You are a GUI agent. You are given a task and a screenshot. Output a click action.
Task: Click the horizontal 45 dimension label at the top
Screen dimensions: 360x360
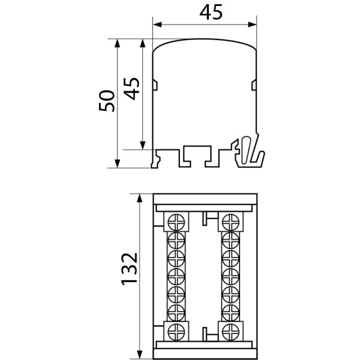coord(211,13)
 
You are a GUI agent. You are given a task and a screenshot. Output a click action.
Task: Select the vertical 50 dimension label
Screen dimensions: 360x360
coord(107,101)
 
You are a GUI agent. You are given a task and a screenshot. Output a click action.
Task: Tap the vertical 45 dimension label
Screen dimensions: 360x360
coord(131,89)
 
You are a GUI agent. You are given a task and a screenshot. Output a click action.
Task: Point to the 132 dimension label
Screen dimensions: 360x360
coord(129,269)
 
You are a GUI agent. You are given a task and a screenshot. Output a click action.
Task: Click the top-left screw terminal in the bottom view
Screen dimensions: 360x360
coord(176,222)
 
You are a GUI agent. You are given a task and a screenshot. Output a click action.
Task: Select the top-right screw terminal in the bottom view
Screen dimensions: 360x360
coord(231,222)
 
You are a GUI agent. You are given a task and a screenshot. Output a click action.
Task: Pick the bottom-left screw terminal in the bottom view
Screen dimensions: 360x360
coord(176,332)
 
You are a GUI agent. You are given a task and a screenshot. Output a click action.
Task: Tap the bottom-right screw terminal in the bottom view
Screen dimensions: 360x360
coord(231,332)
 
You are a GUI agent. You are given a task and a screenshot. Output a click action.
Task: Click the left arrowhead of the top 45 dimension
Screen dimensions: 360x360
coord(157,25)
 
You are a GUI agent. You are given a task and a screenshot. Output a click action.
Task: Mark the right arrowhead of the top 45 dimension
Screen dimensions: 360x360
coord(252,25)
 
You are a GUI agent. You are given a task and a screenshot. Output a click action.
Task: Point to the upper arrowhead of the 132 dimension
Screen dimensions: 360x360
coord(139,198)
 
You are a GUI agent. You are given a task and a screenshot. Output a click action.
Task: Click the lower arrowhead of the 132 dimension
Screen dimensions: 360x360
coord(139,355)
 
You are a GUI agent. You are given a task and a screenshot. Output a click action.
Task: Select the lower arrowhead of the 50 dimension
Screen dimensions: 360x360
coord(118,163)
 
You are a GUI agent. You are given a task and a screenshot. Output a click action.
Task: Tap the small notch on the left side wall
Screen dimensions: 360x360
coord(155,85)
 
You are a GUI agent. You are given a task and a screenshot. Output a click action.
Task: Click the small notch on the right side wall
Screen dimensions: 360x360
coord(254,85)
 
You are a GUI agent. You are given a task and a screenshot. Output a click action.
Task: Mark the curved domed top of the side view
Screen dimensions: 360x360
coord(205,44)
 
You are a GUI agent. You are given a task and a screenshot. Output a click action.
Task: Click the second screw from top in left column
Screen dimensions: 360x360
coord(176,241)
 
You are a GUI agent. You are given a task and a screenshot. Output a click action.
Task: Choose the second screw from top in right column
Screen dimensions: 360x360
coord(231,241)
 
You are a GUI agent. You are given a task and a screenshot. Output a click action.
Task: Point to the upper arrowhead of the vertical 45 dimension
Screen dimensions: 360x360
coord(143,43)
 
